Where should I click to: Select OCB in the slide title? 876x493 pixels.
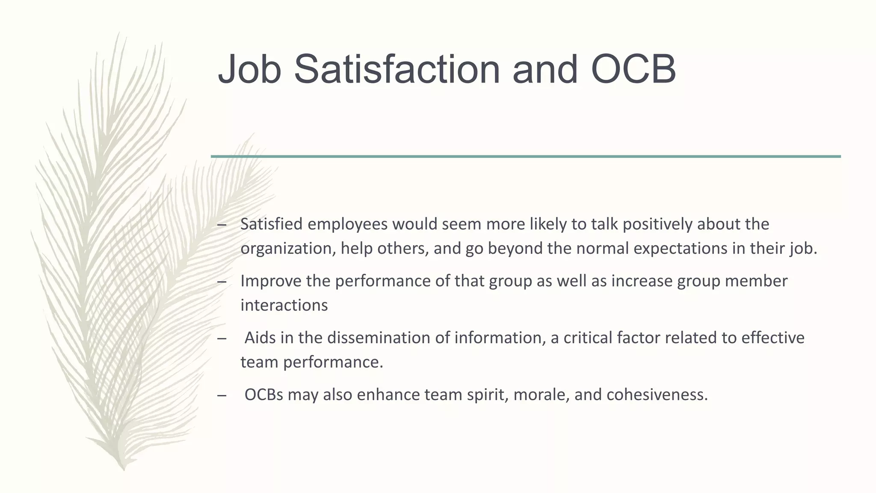[x=633, y=69]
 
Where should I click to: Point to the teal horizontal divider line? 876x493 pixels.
[x=526, y=157]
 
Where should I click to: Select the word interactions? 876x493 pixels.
[x=284, y=305]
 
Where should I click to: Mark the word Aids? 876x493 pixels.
[x=260, y=338]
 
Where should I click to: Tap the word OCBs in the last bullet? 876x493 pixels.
[x=264, y=395]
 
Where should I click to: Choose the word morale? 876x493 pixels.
[x=541, y=395]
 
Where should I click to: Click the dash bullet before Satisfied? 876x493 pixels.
[x=222, y=225]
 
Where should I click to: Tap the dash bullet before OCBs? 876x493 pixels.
[x=222, y=395]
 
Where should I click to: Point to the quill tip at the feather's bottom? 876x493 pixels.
[x=124, y=469]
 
